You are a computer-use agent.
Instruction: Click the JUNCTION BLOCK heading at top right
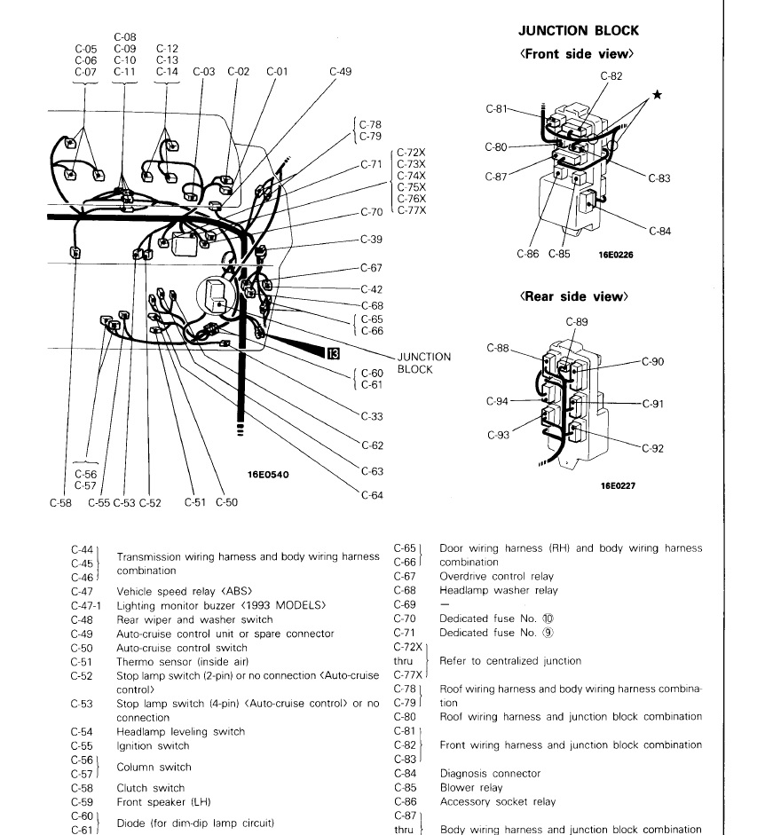pos(578,31)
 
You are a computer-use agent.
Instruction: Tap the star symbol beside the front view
pos(658,95)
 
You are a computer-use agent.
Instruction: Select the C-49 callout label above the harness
pos(340,72)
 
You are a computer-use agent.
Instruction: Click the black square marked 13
pos(333,353)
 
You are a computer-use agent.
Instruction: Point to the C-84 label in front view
pos(659,232)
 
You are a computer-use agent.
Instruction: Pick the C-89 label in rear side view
pos(576,322)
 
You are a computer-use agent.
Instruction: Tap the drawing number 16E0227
pos(617,485)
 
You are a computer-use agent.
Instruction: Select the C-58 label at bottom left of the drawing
pos(60,503)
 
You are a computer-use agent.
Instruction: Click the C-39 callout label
pos(371,240)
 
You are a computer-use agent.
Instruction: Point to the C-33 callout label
pos(372,416)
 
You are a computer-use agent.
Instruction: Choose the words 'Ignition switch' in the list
pos(153,746)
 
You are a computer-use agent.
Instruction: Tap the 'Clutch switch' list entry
pos(151,788)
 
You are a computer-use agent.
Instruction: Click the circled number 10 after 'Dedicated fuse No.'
pos(557,618)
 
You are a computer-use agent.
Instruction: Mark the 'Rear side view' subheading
pos(573,296)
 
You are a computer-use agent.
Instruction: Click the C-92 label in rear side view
pos(651,449)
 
